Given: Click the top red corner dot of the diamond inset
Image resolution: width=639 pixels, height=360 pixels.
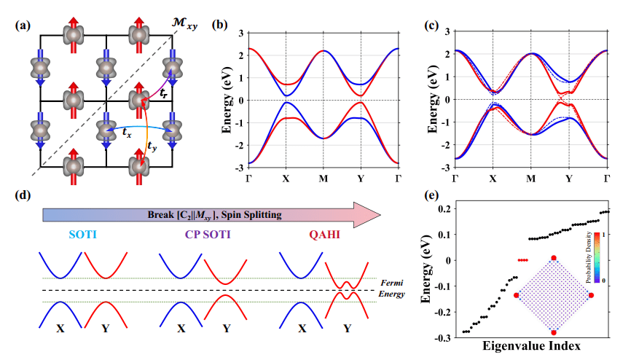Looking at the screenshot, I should click(554, 258).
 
